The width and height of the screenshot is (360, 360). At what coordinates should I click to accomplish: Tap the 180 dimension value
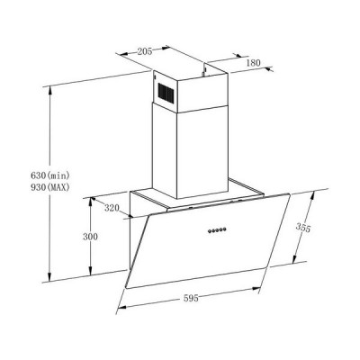pos(253,63)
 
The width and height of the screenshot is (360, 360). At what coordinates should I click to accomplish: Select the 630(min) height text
pos(23,173)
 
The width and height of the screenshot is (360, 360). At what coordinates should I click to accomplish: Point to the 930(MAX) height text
pos(24,187)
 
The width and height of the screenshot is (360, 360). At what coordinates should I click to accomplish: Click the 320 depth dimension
pos(111,209)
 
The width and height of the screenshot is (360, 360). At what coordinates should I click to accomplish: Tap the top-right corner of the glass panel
pos(291,197)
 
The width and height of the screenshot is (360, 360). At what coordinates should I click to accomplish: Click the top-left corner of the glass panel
pos(140,217)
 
